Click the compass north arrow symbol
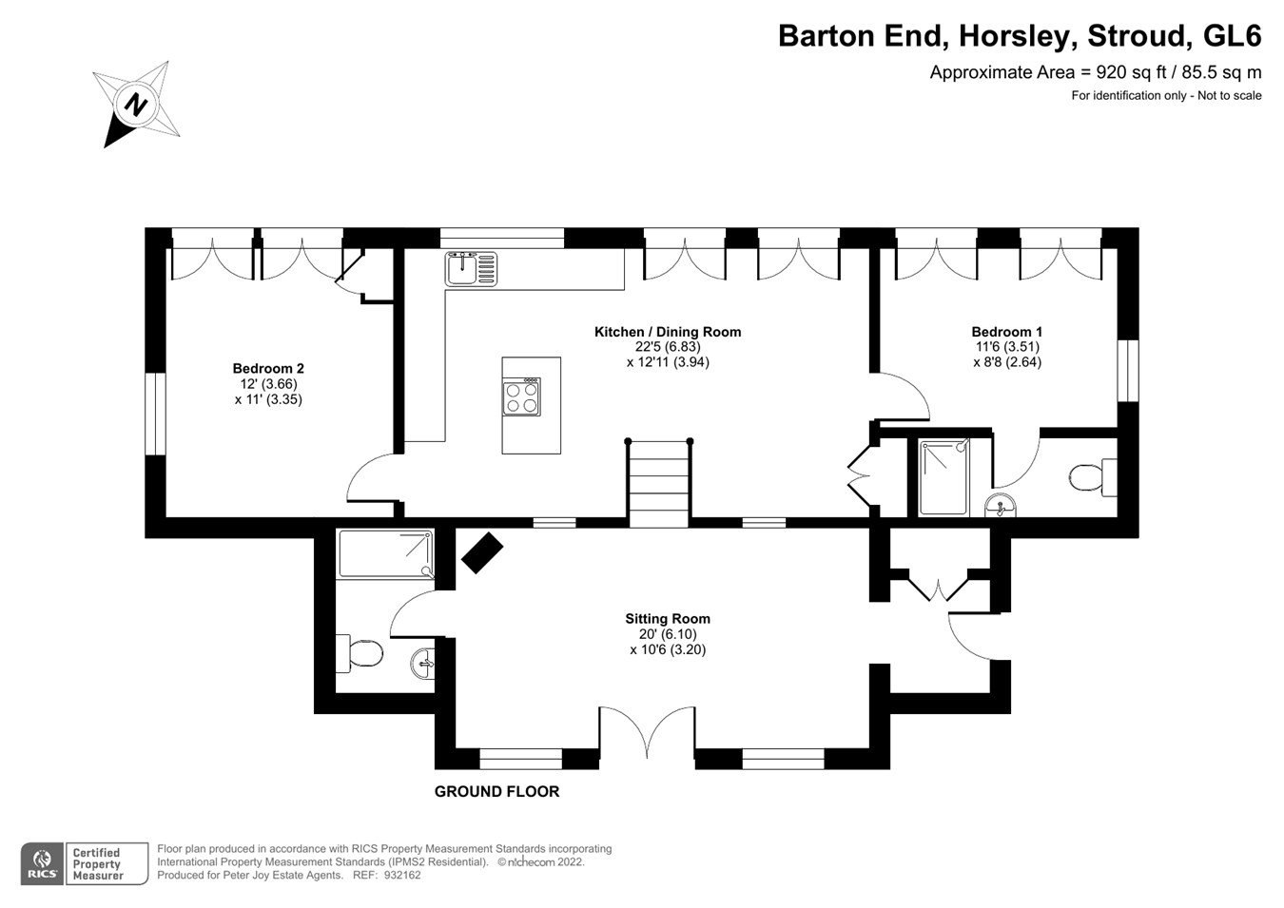click(x=137, y=104)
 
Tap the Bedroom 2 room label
click(x=268, y=369)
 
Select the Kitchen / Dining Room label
click(x=667, y=332)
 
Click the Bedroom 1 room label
click(x=1006, y=332)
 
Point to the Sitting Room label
click(x=667, y=619)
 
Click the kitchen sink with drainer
click(x=470, y=268)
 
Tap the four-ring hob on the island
click(x=521, y=396)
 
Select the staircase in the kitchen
click(x=658, y=485)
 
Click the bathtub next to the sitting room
click(x=385, y=554)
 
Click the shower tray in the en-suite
click(x=944, y=477)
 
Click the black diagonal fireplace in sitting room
click(x=481, y=552)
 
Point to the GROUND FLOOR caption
click(x=496, y=791)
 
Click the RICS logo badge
click(x=42, y=864)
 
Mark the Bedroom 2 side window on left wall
click(x=155, y=414)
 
